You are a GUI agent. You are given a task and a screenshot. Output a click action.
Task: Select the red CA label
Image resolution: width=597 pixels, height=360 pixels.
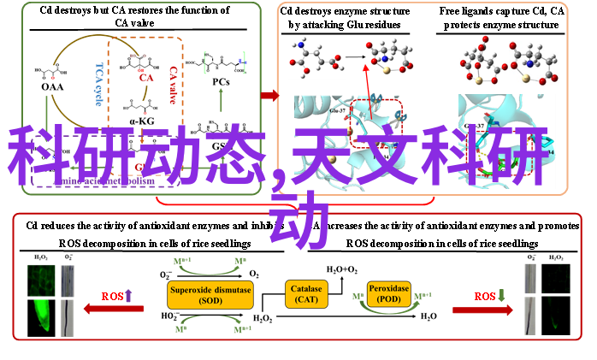point(145,79)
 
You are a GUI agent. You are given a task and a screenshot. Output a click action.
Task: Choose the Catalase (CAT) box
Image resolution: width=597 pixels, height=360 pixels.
point(306,295)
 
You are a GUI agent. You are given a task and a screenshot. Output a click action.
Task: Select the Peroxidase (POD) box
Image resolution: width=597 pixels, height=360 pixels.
point(388,294)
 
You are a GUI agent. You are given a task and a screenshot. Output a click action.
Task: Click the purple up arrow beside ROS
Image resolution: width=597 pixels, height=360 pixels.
point(128,296)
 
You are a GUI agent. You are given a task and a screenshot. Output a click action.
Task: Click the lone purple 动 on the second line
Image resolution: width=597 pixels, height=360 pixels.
point(299,220)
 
